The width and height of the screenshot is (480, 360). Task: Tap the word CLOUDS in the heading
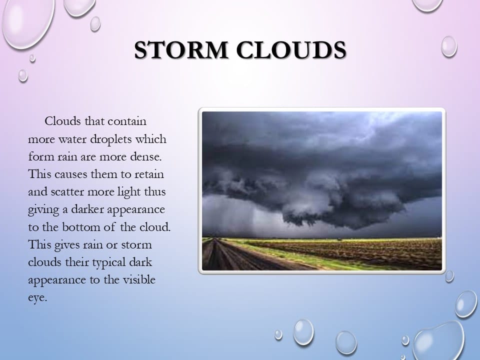coord(291,50)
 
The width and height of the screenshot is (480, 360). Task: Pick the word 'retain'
coord(149,174)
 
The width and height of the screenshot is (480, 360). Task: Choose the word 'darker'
coord(87,209)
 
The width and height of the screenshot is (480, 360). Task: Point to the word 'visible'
coord(139,280)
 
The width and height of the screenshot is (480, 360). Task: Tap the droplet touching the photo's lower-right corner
coord(449,276)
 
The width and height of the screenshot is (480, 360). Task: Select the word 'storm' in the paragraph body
coord(136,245)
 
